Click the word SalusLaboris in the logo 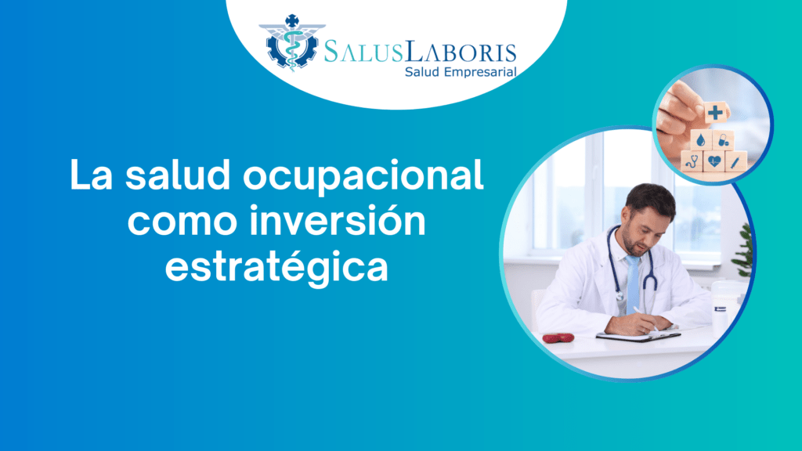[421, 52]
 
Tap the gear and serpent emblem [292, 42]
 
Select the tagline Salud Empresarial [461, 72]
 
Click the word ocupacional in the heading [363, 176]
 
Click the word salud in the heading [178, 175]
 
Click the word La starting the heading [91, 175]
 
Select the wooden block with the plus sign [716, 113]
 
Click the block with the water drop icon [701, 139]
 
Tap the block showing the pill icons [723, 139]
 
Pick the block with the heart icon [713, 161]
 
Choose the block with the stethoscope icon [692, 161]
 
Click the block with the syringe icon [735, 162]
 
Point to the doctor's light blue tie [633, 284]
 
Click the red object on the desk [558, 338]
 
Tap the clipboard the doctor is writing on [638, 335]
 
